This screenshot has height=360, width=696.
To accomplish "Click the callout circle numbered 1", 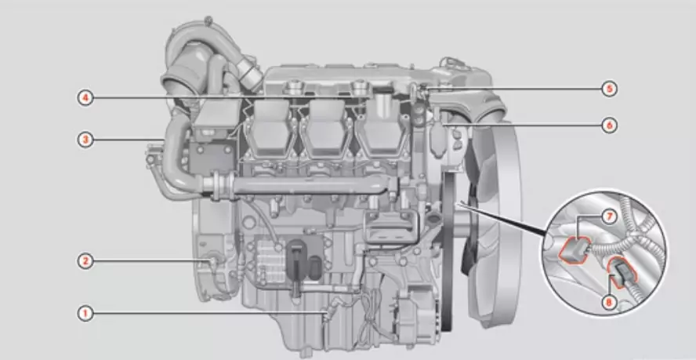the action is pyautogui.click(x=85, y=314).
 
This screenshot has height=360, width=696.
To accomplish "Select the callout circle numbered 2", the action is pyautogui.click(x=85, y=261).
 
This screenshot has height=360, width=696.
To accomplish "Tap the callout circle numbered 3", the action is pyautogui.click(x=85, y=140).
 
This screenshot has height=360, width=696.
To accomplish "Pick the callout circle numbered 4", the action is pyautogui.click(x=85, y=98).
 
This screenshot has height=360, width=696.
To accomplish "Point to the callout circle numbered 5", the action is pyautogui.click(x=610, y=89).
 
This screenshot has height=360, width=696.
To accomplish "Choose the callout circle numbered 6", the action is pyautogui.click(x=610, y=125).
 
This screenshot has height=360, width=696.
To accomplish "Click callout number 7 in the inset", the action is pyautogui.click(x=610, y=217).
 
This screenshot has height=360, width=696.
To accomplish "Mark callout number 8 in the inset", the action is pyautogui.click(x=608, y=303).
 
